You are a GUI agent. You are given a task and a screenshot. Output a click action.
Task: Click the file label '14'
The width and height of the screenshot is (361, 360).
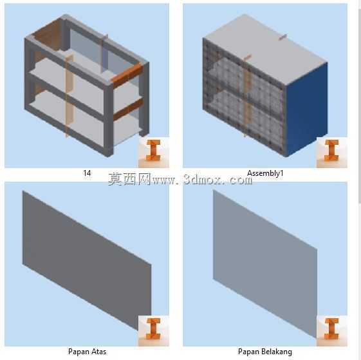(87, 173)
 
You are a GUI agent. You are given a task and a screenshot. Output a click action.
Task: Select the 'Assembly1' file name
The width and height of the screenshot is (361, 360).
(265, 173)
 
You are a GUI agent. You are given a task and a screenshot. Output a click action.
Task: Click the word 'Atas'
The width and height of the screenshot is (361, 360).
(98, 352)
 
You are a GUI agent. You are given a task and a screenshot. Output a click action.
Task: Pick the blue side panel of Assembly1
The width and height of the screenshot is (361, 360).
(306, 108)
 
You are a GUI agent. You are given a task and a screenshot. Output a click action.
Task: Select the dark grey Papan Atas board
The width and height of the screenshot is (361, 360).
(87, 260)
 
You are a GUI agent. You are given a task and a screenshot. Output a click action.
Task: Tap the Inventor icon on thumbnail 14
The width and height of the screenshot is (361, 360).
(153, 152)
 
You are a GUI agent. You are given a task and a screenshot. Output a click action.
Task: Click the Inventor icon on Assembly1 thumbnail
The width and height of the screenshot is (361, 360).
(332, 152)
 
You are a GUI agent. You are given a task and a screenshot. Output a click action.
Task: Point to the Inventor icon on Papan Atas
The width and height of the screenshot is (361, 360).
(153, 331)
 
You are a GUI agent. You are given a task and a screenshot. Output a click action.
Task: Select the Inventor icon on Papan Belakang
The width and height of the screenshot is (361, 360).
(332, 331)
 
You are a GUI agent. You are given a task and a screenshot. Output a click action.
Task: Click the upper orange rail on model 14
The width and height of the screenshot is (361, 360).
(127, 73)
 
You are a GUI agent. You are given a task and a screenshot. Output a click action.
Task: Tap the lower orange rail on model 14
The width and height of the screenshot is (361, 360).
(128, 109)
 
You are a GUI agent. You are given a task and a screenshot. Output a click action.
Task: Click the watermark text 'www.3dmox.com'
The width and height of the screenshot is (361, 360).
(202, 180)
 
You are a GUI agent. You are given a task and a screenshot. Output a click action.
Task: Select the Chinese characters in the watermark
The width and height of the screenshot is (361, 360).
(129, 179)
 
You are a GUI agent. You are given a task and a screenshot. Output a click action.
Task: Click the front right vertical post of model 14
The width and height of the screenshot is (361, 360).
(109, 119)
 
